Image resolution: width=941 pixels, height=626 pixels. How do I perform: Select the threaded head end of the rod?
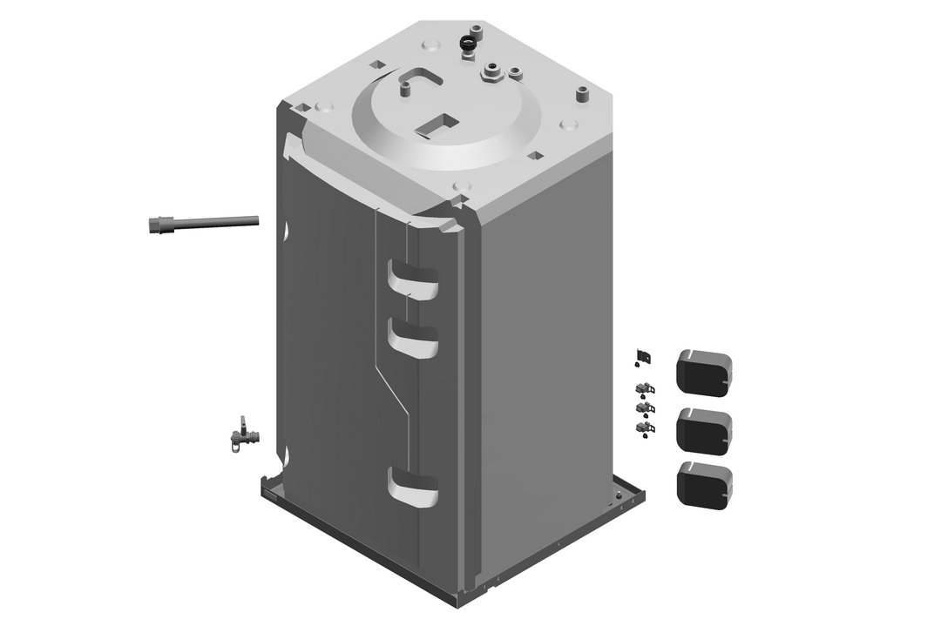pos(158,225)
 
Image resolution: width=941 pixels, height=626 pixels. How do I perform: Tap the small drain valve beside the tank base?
pos(238,434)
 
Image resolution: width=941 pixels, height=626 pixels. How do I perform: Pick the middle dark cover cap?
pos(704,429)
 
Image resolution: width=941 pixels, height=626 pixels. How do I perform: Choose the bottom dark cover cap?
pos(704,484)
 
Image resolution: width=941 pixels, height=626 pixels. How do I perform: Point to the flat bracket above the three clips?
pos(644,356)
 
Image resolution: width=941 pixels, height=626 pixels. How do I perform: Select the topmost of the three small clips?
pos(645,388)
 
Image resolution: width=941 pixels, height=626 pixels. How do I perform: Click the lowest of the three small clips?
pos(645,427)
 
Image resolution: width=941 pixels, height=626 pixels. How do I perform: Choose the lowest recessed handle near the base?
pos(412,486)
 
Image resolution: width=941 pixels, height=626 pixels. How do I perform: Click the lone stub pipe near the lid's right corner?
pos(579,91)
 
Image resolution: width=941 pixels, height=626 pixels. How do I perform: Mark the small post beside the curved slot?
pos(406,90)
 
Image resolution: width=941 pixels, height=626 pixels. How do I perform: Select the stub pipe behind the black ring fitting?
pos(477,30)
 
